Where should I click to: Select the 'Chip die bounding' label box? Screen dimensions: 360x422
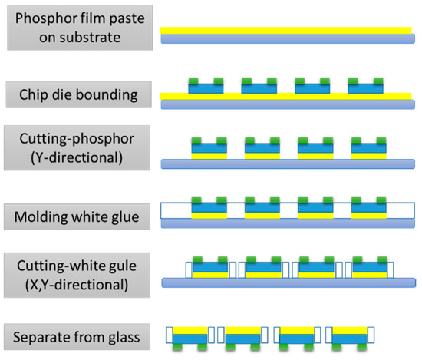74,94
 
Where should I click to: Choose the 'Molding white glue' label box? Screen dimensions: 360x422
74,216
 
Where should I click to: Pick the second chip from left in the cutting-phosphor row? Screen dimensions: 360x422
260,147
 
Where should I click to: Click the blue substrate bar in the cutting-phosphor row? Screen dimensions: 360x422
287,163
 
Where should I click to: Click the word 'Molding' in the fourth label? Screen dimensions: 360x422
40,216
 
